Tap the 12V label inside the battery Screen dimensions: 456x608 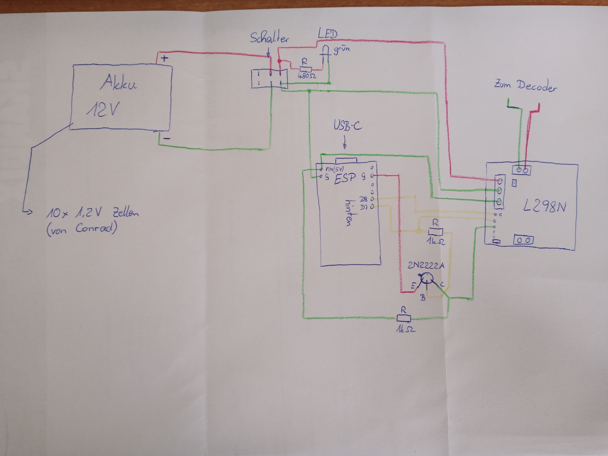(x=103, y=110)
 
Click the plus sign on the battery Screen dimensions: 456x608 (x=164, y=58)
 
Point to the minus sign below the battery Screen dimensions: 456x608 (x=167, y=138)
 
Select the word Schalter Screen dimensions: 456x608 (x=269, y=38)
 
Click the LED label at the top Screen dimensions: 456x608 (x=327, y=34)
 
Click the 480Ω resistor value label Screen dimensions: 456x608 (x=307, y=75)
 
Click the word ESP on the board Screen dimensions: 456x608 (x=345, y=179)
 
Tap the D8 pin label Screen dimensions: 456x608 (x=363, y=199)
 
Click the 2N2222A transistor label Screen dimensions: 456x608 (x=425, y=265)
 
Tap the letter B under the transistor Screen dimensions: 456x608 (x=423, y=297)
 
